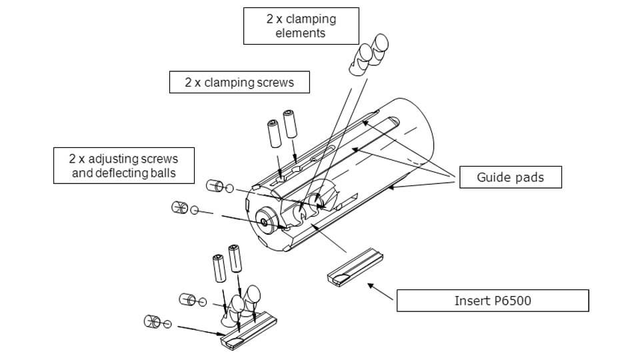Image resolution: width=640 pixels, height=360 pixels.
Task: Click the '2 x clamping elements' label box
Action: (x=301, y=26)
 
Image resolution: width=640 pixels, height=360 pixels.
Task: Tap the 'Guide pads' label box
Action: (x=510, y=177)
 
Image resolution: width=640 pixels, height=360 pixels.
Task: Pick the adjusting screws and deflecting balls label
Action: (x=123, y=166)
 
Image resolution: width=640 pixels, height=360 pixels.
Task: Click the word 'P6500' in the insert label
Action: (x=512, y=301)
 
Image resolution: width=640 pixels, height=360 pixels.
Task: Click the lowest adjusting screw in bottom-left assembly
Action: (x=151, y=323)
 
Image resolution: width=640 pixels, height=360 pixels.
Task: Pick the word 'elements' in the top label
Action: (x=301, y=33)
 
